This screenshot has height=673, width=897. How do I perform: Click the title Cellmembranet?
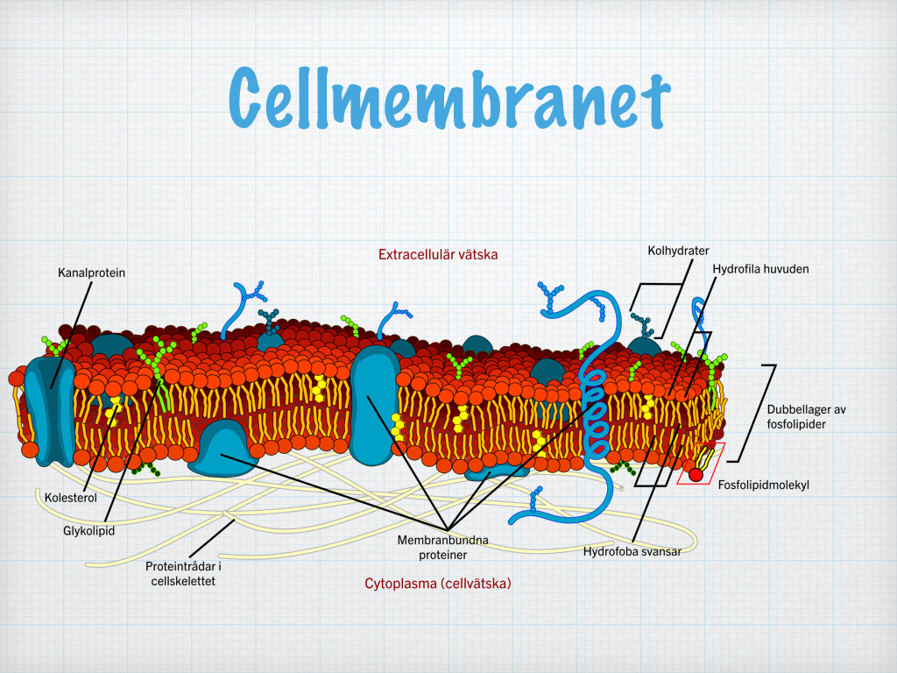click(449, 98)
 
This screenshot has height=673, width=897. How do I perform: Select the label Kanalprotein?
click(91, 273)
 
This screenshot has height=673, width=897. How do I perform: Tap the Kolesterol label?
click(71, 498)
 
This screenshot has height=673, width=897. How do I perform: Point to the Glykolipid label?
click(88, 530)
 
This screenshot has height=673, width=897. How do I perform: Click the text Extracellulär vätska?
click(438, 254)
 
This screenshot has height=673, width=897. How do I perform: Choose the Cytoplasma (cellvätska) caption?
click(438, 583)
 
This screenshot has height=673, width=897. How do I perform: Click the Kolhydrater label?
click(679, 250)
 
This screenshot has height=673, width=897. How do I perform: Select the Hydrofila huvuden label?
click(761, 268)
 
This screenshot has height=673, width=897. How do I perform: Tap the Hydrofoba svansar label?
click(632, 552)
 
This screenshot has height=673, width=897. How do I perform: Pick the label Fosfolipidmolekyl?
click(764, 485)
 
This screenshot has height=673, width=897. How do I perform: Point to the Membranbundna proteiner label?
click(442, 547)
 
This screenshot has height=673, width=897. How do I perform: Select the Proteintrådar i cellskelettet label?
click(183, 573)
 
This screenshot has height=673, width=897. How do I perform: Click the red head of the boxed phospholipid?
click(696, 475)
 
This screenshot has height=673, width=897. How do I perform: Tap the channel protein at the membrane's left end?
click(49, 411)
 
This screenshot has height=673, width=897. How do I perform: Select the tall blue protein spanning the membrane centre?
click(375, 404)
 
